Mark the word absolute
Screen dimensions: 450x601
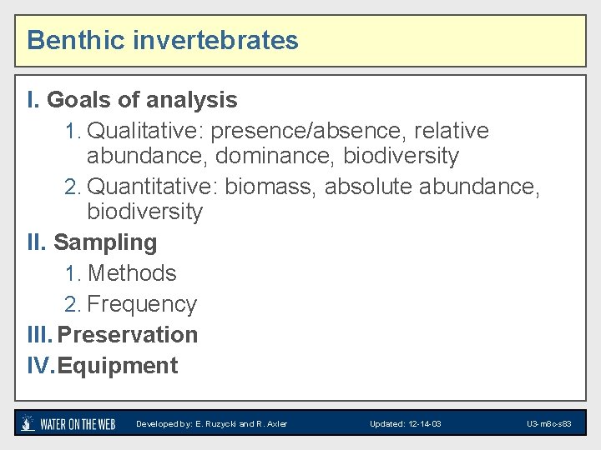click(x=368, y=187)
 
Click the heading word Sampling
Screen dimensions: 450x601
click(x=105, y=242)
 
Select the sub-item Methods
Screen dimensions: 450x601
click(x=132, y=273)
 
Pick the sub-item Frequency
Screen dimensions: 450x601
click(x=142, y=304)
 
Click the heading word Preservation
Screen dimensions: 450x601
click(x=128, y=335)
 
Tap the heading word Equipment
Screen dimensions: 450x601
click(x=118, y=366)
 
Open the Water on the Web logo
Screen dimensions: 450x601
click(x=68, y=423)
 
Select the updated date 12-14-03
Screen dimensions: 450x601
click(x=422, y=424)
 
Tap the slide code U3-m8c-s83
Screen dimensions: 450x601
click(x=549, y=424)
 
